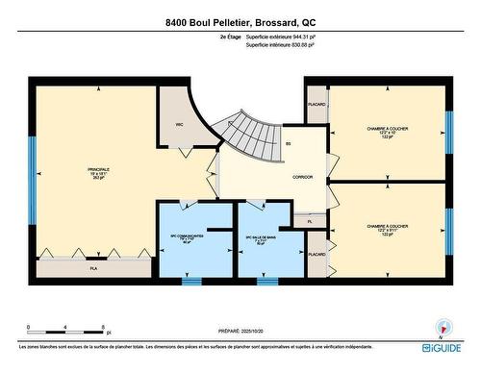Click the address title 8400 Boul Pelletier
point(240,21)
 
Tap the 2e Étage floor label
point(229,37)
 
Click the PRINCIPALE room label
point(98,172)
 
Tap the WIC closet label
point(179,125)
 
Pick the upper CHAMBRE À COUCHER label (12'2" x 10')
point(388,132)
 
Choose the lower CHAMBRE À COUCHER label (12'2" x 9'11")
point(388,229)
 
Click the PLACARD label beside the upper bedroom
point(316,104)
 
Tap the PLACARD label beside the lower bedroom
point(316,255)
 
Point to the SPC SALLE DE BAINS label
point(261,239)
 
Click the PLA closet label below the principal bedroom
point(94,269)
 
